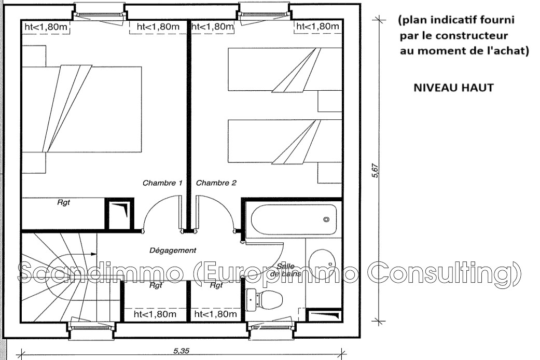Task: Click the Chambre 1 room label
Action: (162, 183)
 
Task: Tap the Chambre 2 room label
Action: (216, 183)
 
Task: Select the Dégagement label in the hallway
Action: (173, 251)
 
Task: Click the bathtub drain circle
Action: (326, 219)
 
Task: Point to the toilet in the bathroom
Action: (264, 299)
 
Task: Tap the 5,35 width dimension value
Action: (181, 351)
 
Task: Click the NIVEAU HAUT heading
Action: (453, 88)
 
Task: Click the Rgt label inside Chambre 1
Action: (64, 202)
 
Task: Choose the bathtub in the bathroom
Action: (294, 219)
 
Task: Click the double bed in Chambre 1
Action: (81, 109)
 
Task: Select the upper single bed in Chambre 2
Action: (285, 70)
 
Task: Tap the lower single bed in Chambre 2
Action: (285, 141)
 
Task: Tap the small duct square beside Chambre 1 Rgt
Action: (119, 214)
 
